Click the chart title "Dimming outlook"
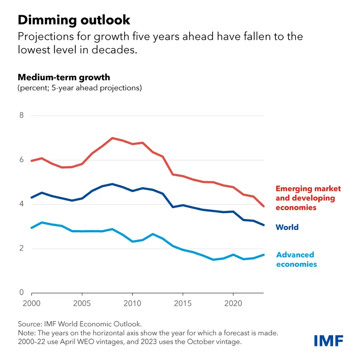tap(74, 20)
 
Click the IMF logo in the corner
tap(328, 341)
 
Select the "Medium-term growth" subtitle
tap(64, 77)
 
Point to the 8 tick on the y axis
tap(22, 115)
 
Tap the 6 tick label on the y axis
tap(22, 160)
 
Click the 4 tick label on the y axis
tap(22, 204)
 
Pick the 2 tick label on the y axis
tap(22, 248)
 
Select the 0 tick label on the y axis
tap(22, 292)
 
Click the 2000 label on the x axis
tap(31, 303)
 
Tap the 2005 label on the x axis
tap(82, 303)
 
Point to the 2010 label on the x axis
tap(132, 303)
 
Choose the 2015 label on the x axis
tap(183, 303)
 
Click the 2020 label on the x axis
tap(233, 303)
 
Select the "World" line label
tap(287, 227)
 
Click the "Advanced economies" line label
tap(296, 259)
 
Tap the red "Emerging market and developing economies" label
tap(308, 198)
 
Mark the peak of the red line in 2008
tap(112, 138)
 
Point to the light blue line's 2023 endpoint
tap(263, 255)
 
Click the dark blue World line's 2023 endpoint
tap(263, 225)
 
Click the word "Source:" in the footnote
tap(30, 324)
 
